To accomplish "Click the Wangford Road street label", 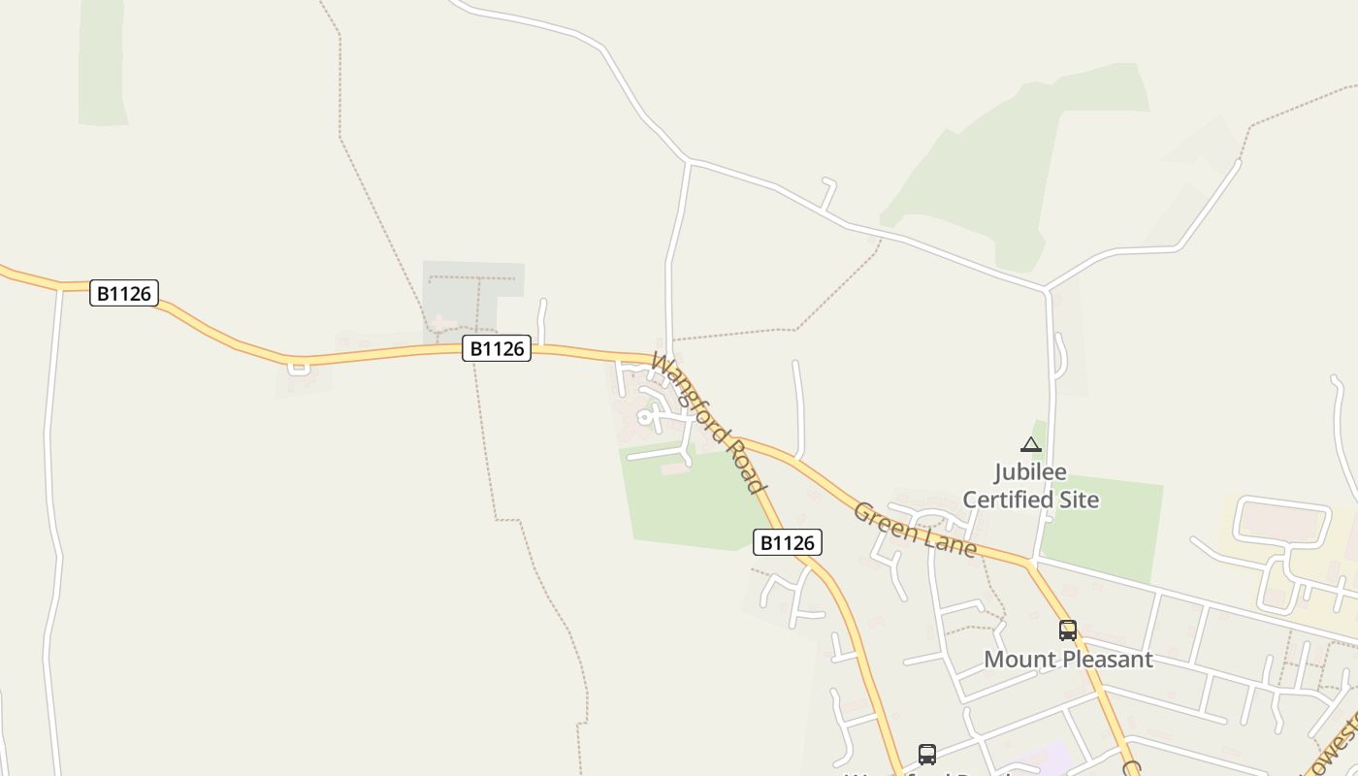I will [x=708, y=423].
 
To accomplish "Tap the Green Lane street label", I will [x=914, y=529].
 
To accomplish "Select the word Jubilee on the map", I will [x=1030, y=473].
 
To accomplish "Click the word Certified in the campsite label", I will [x=1030, y=500].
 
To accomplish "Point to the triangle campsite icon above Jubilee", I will [x=1031, y=445].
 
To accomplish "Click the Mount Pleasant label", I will [x=1068, y=660].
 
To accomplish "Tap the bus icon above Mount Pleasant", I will [x=1068, y=630].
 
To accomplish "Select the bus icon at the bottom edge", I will [x=927, y=755].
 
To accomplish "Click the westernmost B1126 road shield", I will [x=124, y=293].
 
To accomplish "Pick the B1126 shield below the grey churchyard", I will [x=497, y=348].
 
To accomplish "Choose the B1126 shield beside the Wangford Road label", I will [x=788, y=542].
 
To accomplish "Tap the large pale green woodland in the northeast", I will [x=1009, y=165].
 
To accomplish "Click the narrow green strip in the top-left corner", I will [x=102, y=63].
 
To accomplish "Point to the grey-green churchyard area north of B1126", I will [x=473, y=291].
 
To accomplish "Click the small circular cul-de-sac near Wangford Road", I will [x=644, y=418].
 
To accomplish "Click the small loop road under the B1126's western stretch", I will [x=299, y=368].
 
